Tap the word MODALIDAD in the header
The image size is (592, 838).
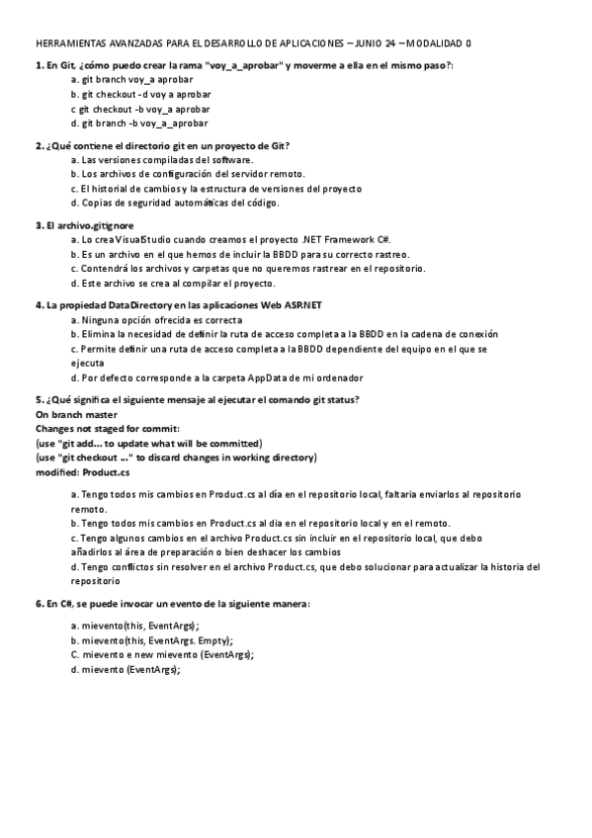pos(434,44)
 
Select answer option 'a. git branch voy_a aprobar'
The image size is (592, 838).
pos(131,77)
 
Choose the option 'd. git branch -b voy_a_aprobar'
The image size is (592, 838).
pos(139,125)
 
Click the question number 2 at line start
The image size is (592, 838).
pos(39,145)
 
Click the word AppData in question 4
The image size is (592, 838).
pos(245,378)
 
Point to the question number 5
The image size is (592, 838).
pos(39,399)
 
